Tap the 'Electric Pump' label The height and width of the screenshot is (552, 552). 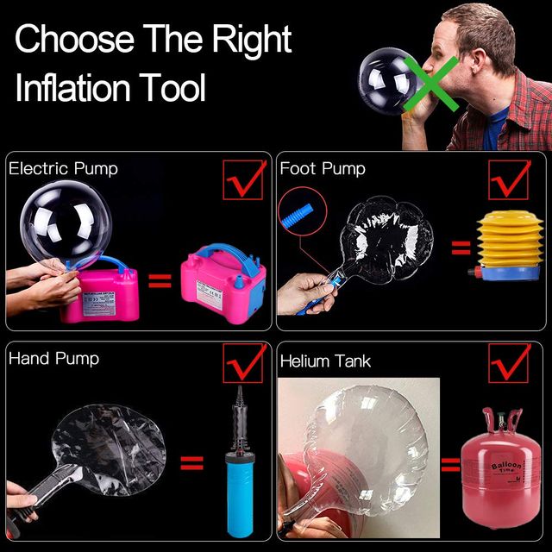(x=63, y=169)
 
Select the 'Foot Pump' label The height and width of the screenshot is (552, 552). (x=323, y=169)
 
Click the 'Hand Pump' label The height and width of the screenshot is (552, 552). (x=53, y=359)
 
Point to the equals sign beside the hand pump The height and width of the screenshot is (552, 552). (x=191, y=464)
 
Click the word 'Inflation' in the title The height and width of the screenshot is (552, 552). (x=76, y=88)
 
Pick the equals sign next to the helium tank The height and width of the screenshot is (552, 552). (x=449, y=467)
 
